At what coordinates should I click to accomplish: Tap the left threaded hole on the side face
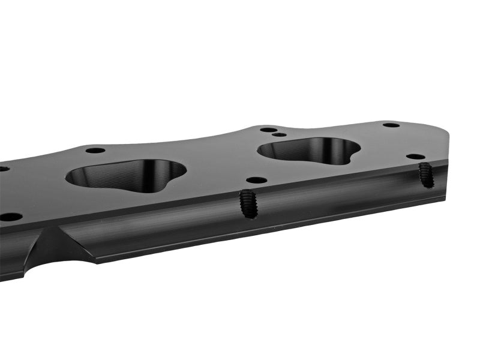coord(248,203)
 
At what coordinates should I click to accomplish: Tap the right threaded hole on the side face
coord(425,174)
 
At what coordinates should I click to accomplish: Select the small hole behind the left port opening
coord(95,150)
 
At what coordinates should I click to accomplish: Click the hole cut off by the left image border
coord(2,169)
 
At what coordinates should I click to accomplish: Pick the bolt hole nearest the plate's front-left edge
coord(10,217)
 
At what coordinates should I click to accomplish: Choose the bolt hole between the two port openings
coord(256,179)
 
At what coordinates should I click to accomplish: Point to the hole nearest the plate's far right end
coord(391,125)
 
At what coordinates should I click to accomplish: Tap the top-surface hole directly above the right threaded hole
coord(415,156)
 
